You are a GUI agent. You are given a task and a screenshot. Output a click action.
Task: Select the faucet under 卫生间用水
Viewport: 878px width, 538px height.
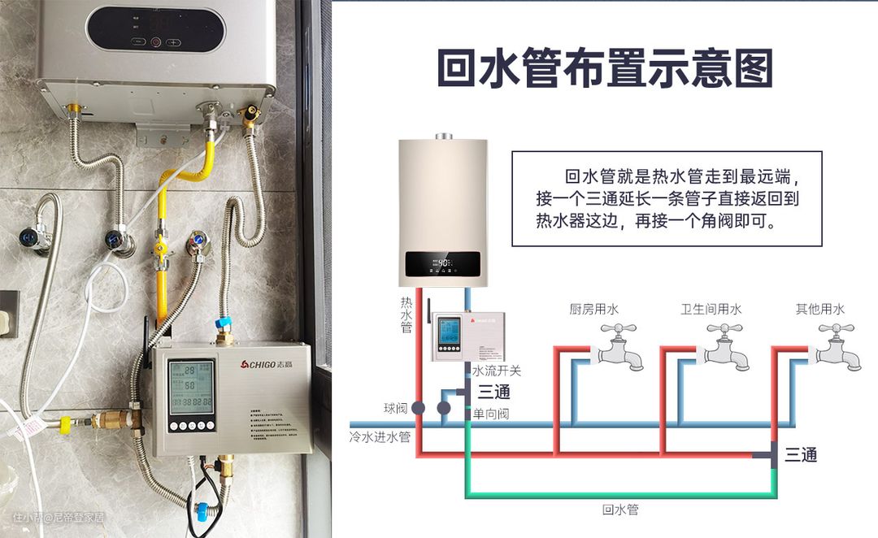723,346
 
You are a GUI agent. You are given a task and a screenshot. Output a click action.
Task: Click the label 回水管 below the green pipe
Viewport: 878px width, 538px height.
620,510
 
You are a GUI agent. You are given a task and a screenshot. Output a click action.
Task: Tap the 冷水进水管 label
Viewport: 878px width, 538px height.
380,436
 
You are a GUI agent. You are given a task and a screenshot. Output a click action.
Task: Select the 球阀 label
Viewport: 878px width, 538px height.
395,407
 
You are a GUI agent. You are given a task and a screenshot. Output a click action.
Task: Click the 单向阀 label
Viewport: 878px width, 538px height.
491,414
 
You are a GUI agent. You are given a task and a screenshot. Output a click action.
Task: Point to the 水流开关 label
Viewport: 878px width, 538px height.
497,371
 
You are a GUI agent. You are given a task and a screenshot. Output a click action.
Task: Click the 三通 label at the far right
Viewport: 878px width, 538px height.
801,455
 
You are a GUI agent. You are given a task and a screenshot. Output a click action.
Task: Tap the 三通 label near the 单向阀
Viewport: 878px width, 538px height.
494,393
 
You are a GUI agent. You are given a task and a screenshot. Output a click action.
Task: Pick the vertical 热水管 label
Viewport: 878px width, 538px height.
406,314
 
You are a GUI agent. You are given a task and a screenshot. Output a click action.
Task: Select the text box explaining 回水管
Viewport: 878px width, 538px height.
667,199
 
